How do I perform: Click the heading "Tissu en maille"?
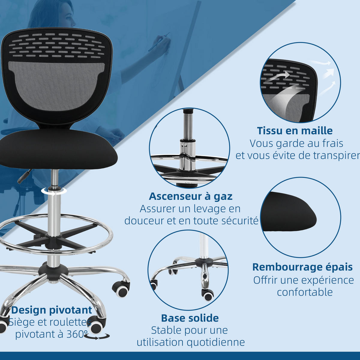coord(295,130)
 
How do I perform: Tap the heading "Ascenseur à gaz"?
coord(191,196)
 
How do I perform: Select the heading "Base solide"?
coord(190,318)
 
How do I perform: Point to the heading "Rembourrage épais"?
coord(302,267)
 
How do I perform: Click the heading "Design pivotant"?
coord(52,310)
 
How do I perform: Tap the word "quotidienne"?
coord(216,342)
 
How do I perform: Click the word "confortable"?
coord(305,292)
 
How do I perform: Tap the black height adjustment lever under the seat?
coord(24,176)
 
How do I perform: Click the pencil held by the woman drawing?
coord(159,42)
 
